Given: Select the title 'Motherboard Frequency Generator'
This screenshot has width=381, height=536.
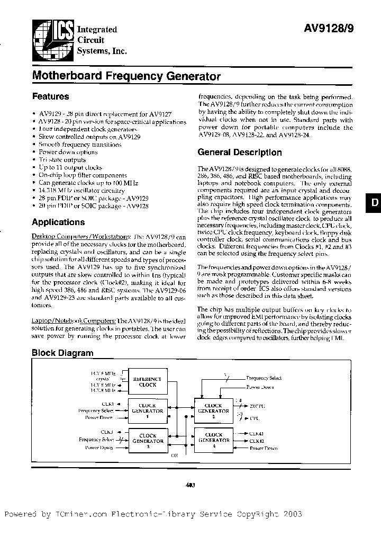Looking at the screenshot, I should click(126, 76).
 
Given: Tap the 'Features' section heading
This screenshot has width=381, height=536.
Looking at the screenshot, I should click(51, 96).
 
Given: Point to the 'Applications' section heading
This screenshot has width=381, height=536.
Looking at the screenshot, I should click(58, 222).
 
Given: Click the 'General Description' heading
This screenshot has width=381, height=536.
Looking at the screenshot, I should click(239, 153).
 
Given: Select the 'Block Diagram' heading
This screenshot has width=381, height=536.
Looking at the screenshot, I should click(62, 353).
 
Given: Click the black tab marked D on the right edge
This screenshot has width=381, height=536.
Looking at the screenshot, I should click(374, 203).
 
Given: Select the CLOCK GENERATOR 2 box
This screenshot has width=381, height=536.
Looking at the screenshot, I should click(213, 410).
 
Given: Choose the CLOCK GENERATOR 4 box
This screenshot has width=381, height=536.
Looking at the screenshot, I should click(213, 440).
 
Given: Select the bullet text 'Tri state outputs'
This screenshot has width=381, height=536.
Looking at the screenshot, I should click(62, 159).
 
